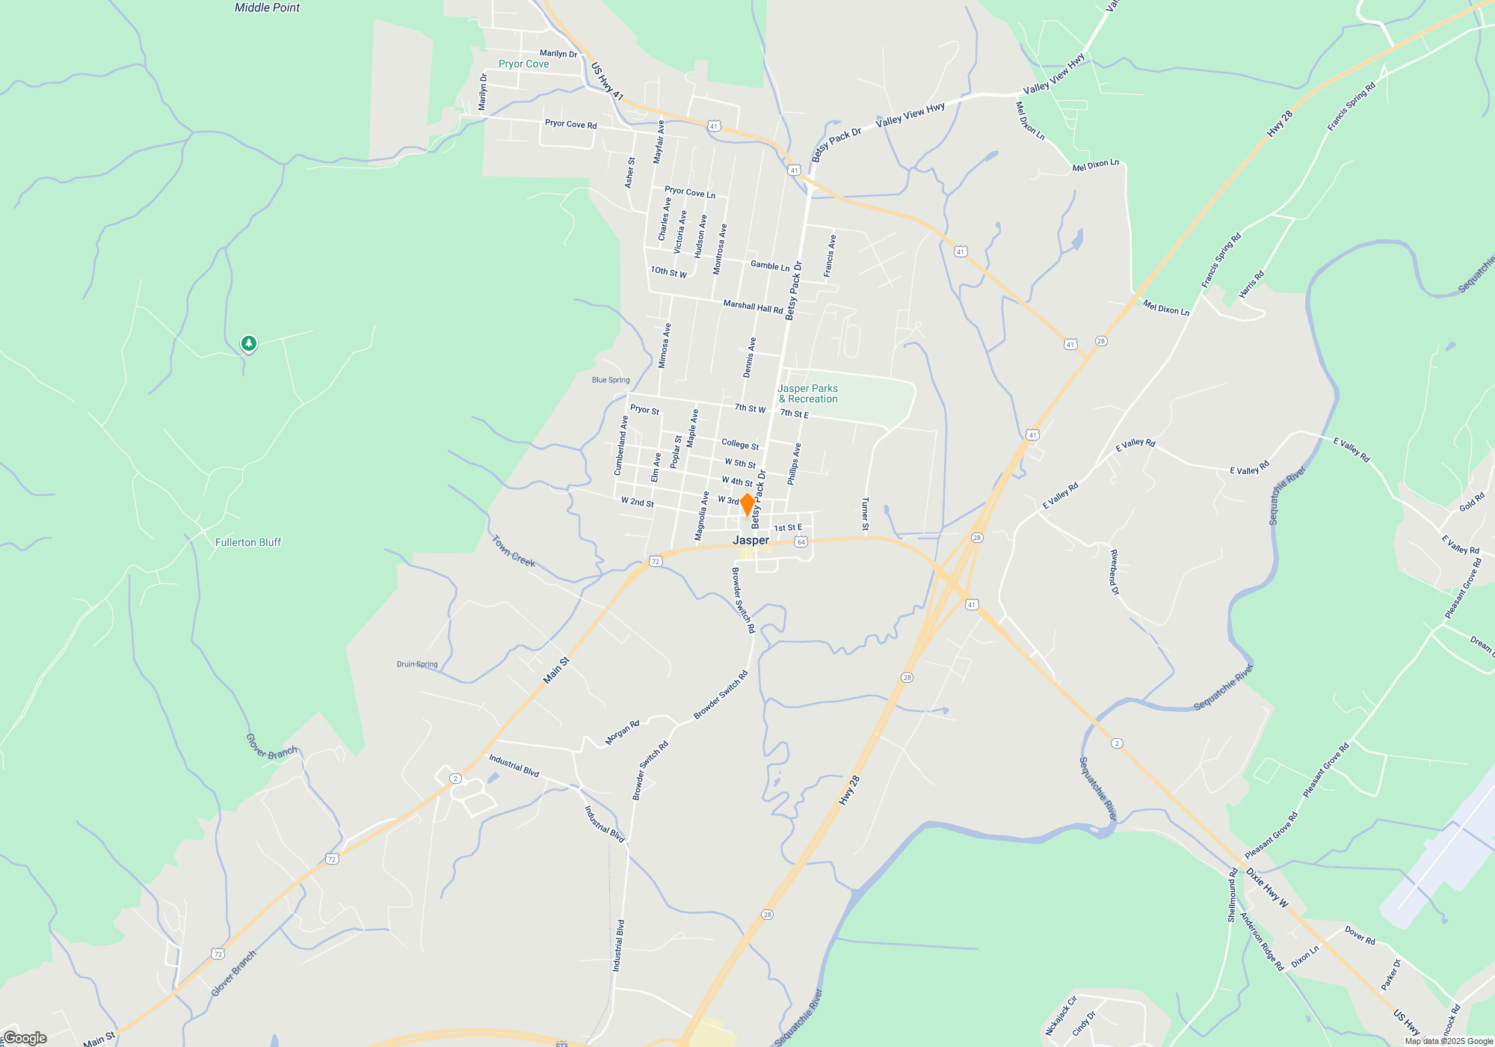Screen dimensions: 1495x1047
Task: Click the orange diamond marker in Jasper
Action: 747,504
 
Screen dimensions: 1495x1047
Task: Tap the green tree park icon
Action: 249,343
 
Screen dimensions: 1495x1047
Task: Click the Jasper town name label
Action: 750,540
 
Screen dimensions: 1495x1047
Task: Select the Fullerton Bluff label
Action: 248,542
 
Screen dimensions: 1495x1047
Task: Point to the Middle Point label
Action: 267,7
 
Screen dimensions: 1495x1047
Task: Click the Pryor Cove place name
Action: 523,64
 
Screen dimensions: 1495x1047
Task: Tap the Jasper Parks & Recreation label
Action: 808,393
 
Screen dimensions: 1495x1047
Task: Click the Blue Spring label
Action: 611,380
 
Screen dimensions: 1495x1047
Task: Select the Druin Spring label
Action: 417,664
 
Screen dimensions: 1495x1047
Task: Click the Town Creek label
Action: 514,551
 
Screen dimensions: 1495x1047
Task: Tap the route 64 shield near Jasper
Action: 801,541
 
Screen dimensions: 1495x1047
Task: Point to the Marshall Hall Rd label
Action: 753,307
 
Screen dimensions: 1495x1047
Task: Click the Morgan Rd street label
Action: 622,733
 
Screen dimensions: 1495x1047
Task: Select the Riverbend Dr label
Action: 1114,572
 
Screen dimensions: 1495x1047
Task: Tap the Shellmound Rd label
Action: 1232,894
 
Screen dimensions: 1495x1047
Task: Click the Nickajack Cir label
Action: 1061,1016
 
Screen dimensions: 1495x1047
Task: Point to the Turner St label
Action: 865,514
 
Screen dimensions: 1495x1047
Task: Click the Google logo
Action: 25,1038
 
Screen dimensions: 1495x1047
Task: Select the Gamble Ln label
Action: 770,266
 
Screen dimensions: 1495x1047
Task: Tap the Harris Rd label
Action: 1251,284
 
